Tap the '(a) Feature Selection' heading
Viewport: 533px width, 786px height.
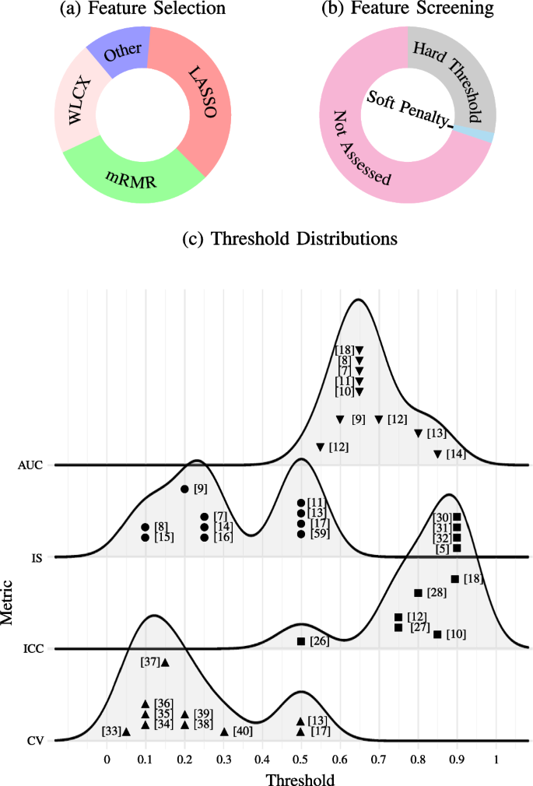143,9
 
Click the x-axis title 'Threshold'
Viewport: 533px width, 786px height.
301,777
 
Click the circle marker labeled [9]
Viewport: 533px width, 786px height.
184,489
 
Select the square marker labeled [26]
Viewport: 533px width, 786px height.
301,641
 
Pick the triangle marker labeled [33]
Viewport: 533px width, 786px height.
126,732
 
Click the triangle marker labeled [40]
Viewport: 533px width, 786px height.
224,732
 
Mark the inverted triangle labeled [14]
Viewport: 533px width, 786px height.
437,454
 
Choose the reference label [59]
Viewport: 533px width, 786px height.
320,534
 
